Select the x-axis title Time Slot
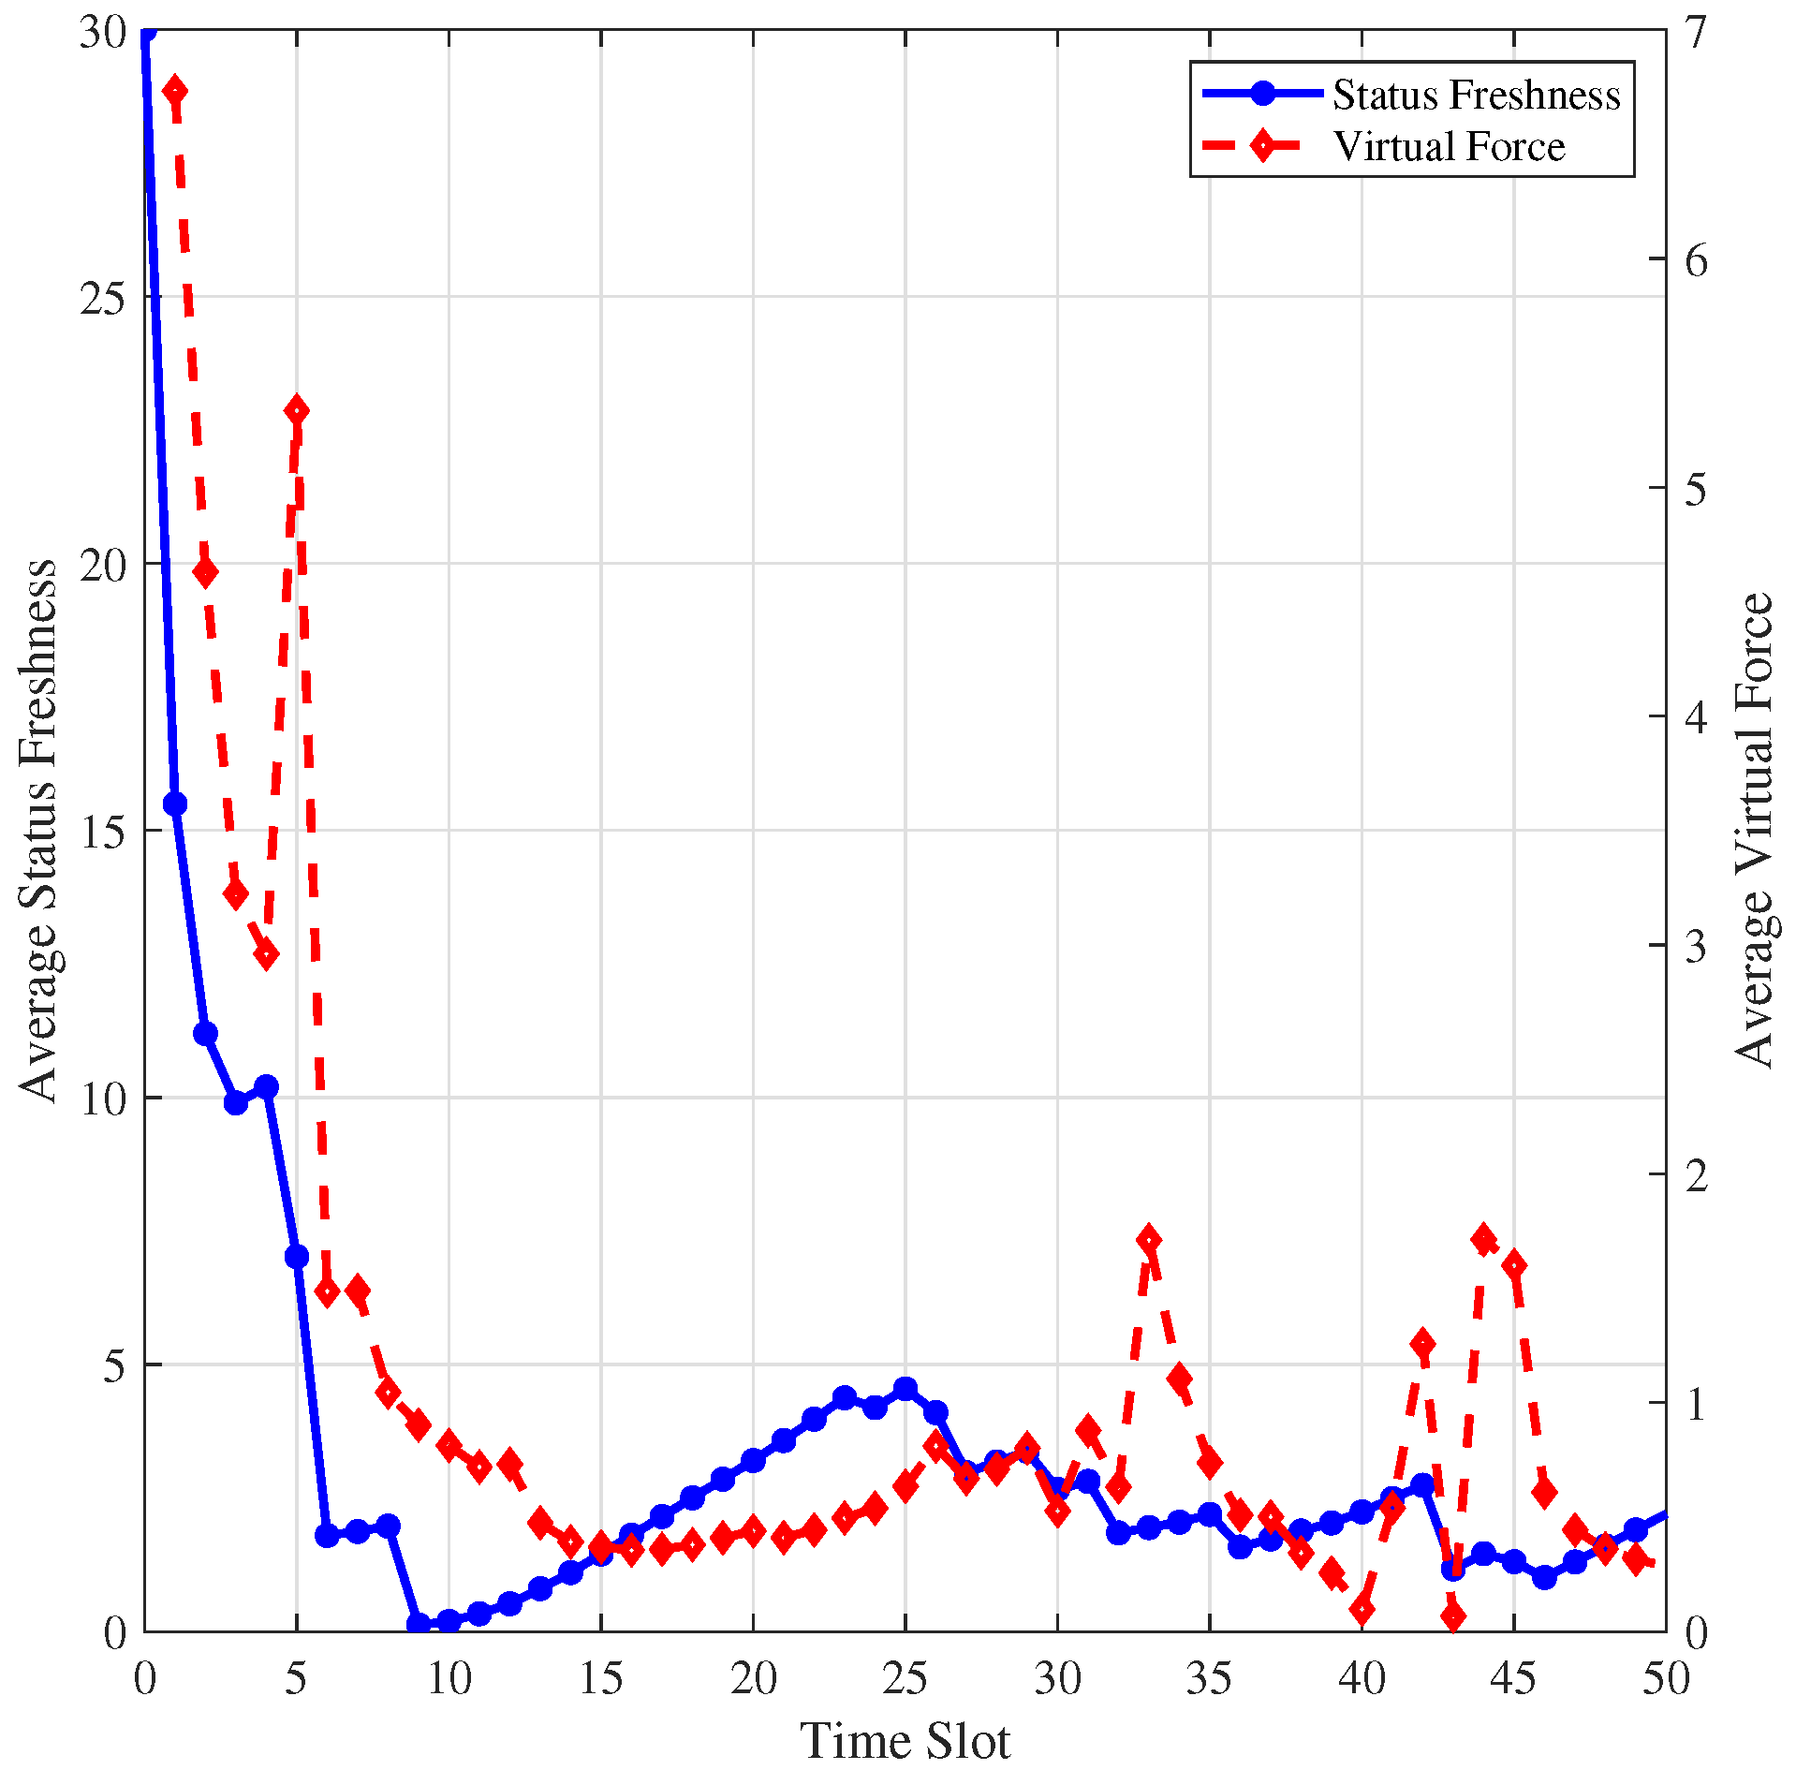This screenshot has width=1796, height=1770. [905, 1740]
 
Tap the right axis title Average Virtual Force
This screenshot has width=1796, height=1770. [1754, 830]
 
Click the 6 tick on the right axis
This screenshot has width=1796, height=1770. [1695, 260]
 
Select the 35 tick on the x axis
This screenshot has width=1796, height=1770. [1209, 1678]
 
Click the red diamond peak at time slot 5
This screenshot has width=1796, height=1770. [297, 410]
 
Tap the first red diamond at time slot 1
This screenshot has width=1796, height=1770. [174, 91]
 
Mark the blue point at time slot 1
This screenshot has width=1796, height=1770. [175, 804]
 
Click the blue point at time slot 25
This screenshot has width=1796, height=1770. [905, 1389]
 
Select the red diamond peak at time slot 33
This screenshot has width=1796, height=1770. [1149, 1240]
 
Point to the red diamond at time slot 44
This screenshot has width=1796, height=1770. [1483, 1239]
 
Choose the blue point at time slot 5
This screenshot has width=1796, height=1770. [297, 1256]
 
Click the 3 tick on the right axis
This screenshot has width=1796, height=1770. [1695, 946]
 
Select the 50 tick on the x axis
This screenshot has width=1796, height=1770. [1666, 1678]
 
